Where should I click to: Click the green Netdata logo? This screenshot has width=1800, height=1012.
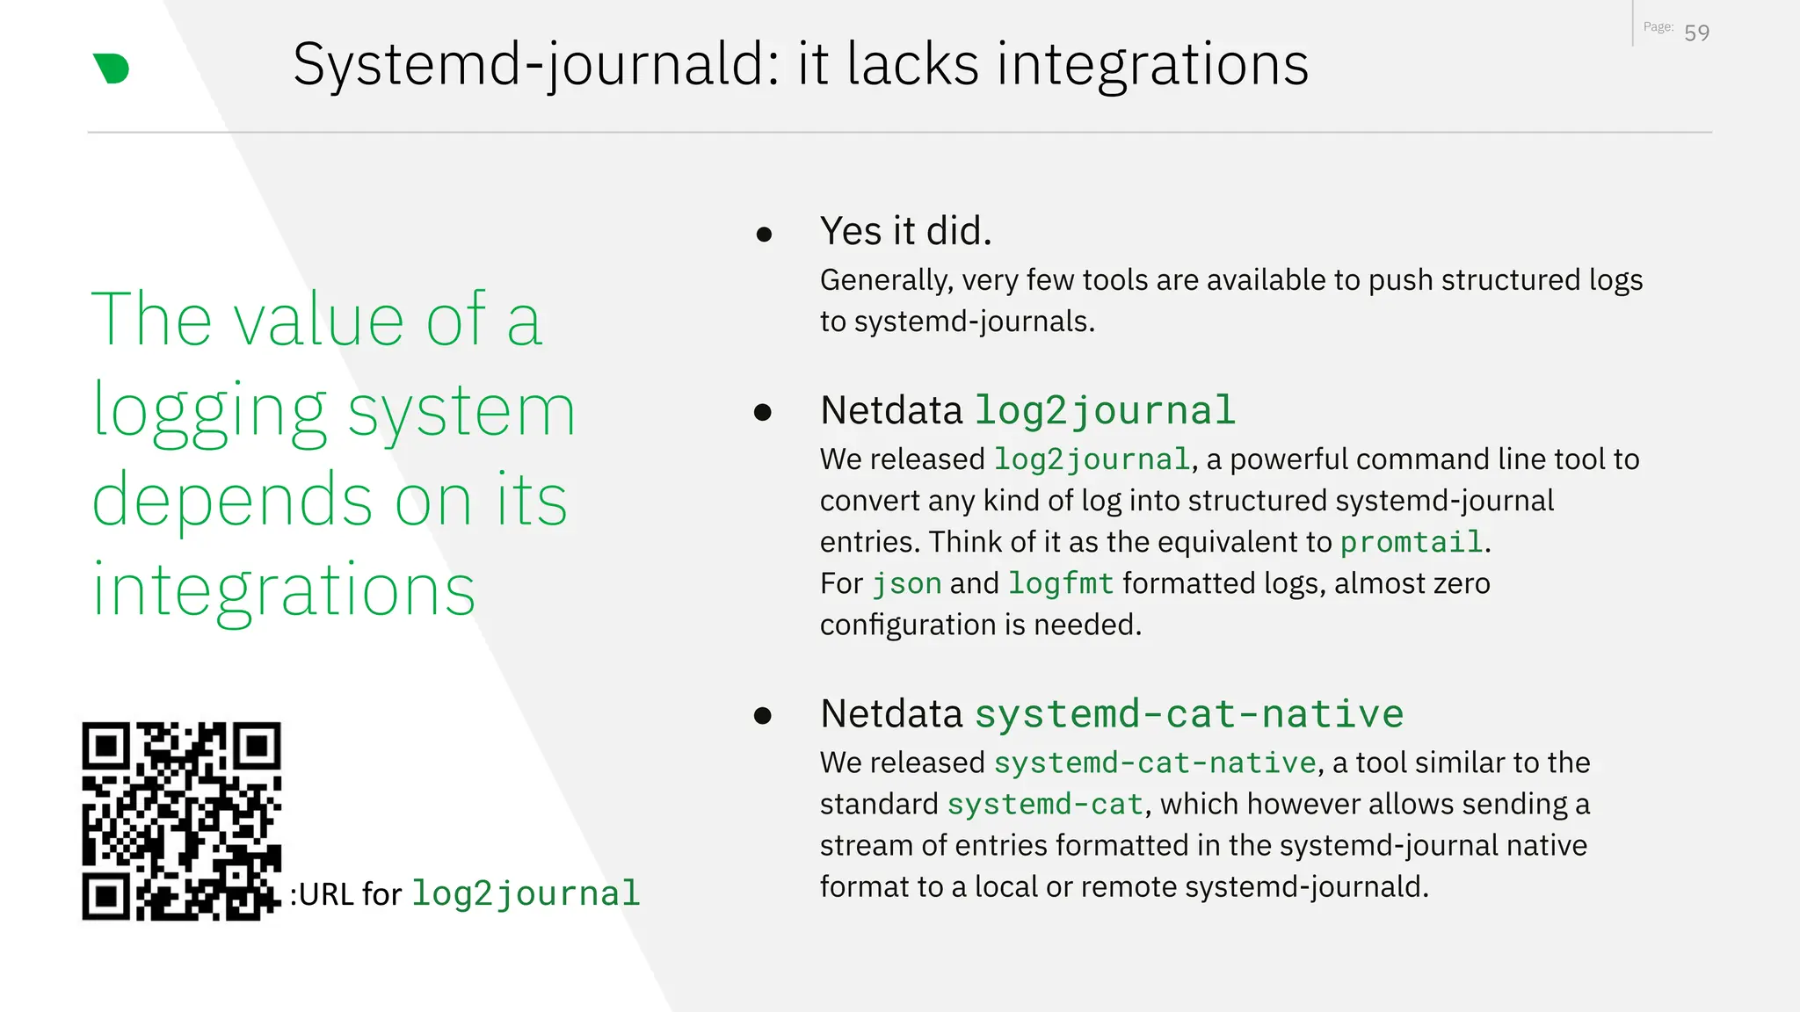pyautogui.click(x=112, y=69)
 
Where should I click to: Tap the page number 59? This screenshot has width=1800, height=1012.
pyautogui.click(x=1696, y=33)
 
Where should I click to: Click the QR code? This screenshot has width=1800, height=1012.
pyautogui.click(x=182, y=820)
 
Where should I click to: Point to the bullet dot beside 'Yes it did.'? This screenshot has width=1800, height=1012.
pyautogui.click(x=764, y=235)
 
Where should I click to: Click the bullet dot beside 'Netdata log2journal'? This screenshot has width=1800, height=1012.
pyautogui.click(x=763, y=412)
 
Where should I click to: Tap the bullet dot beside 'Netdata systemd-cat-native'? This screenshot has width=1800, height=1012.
pyautogui.click(x=763, y=716)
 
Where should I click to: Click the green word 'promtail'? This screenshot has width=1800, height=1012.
pyautogui.click(x=1412, y=542)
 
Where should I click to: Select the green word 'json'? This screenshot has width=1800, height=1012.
pyautogui.click(x=906, y=583)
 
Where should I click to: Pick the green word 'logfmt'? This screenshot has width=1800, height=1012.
pyautogui.click(x=1061, y=583)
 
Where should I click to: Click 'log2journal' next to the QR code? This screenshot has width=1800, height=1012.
pyautogui.click(x=526, y=893)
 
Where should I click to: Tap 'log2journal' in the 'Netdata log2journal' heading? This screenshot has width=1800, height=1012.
pyautogui.click(x=1105, y=410)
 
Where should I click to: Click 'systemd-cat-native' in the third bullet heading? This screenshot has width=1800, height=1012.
pyautogui.click(x=1189, y=713)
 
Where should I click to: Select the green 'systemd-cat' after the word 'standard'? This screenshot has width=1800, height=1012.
pyautogui.click(x=1045, y=804)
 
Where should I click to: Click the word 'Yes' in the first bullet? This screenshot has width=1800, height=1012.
pyautogui.click(x=851, y=231)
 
